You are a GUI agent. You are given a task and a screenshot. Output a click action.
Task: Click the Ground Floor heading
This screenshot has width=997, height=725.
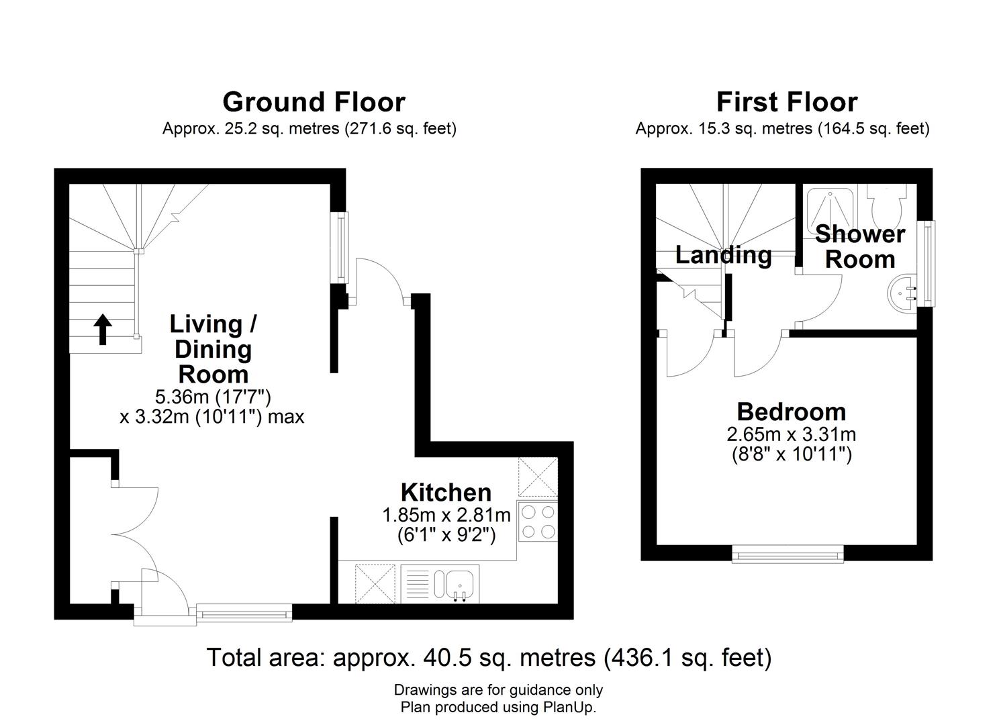coord(314,102)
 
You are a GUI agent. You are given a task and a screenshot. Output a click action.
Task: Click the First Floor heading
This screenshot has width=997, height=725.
coord(786,102)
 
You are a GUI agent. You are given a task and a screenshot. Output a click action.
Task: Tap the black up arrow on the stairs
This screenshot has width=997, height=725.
coord(103,330)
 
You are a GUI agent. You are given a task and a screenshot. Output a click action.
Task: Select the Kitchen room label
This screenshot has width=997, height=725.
coord(446,492)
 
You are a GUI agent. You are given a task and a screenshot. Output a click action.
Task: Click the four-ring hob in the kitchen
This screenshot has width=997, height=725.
coord(538,522)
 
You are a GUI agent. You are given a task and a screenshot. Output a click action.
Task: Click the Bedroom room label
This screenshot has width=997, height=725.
coord(791,412)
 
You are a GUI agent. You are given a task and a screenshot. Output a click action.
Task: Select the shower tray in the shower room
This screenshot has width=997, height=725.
coord(830,205)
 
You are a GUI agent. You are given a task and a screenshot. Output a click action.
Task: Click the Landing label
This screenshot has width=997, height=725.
coord(722,255)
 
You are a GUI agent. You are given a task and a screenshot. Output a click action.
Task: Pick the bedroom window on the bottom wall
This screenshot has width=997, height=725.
coord(788,554)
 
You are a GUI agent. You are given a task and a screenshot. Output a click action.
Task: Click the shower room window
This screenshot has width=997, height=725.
coord(929,263)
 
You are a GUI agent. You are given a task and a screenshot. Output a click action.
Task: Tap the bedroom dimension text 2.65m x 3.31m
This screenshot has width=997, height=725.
coord(791,434)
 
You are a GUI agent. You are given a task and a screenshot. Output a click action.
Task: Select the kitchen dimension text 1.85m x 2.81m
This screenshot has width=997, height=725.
coord(446,515)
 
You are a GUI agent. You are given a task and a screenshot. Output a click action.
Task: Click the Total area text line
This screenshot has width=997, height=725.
coord(489,657)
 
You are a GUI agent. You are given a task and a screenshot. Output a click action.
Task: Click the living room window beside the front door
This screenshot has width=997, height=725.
coord(244,612)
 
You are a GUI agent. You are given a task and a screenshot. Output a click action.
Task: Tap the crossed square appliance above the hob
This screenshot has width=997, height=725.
coord(538,477)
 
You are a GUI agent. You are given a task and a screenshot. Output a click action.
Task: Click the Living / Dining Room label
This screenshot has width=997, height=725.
coord(213,349)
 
